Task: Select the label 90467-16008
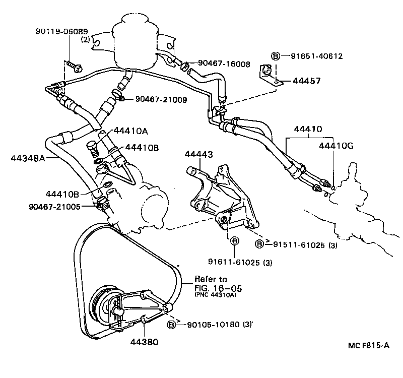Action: tap(224, 64)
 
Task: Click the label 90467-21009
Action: tap(161, 100)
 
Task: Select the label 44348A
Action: tap(28, 158)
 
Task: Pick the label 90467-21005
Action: tap(55, 206)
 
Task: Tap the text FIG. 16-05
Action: tap(218, 288)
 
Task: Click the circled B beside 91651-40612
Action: tap(276, 56)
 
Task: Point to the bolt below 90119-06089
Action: tap(73, 65)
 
